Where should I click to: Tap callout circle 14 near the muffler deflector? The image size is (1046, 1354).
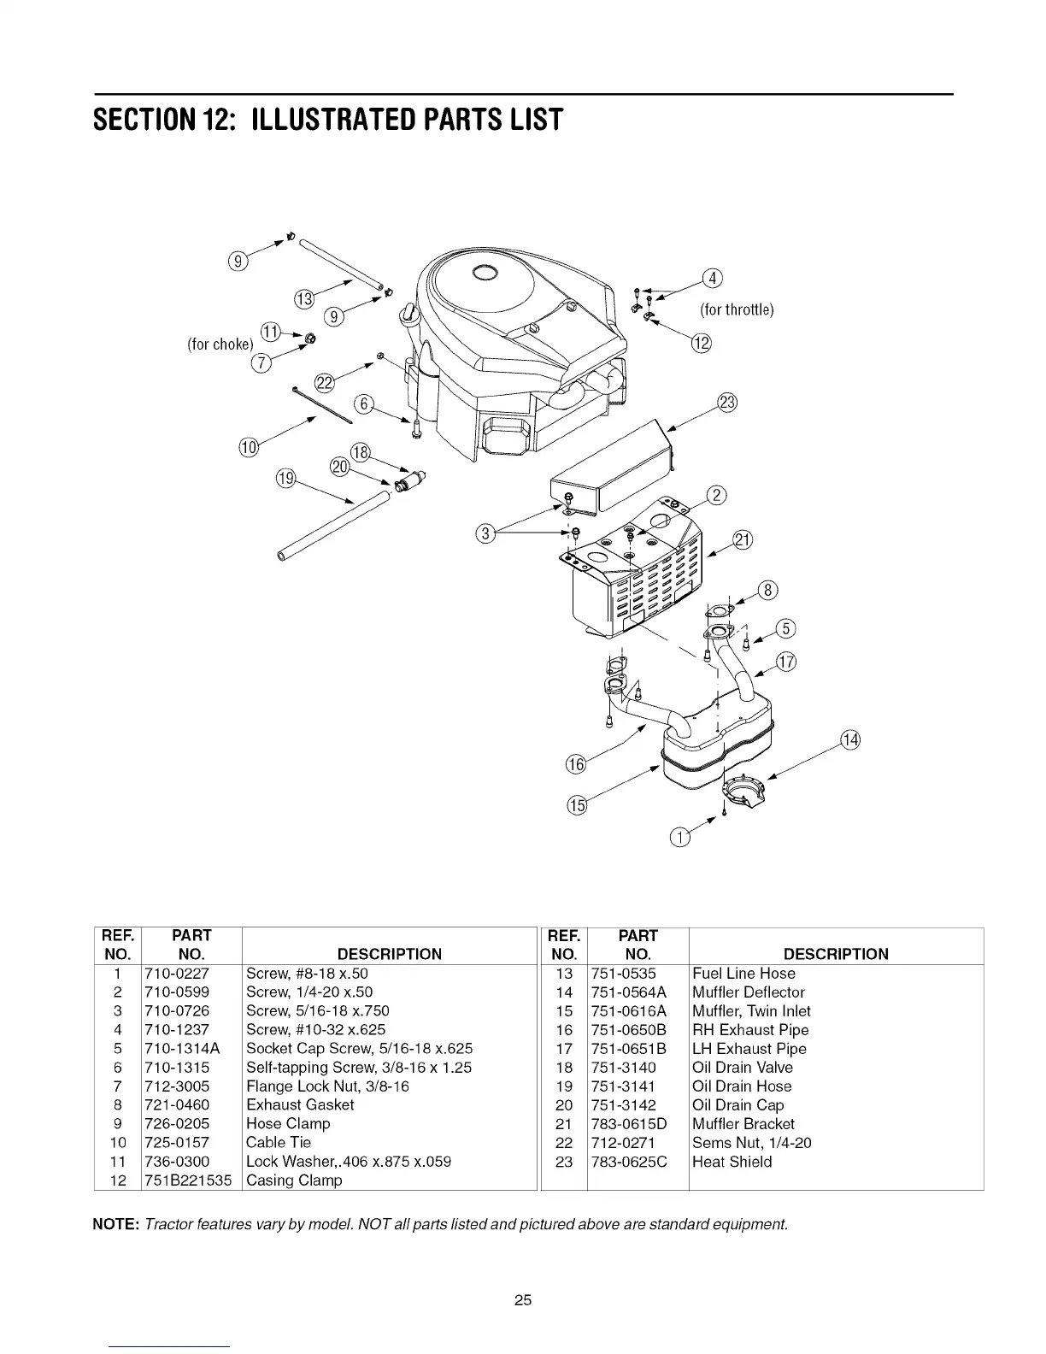click(x=850, y=739)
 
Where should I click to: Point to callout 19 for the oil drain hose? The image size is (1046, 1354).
click(x=285, y=479)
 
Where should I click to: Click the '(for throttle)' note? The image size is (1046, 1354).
click(x=737, y=309)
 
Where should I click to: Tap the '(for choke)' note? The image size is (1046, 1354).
click(x=220, y=344)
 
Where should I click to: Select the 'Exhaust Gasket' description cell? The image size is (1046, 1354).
click(x=299, y=1105)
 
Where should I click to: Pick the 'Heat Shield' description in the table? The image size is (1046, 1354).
click(x=732, y=1162)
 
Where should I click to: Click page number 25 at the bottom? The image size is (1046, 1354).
click(x=523, y=1301)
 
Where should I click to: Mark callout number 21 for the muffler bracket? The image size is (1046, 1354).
click(x=743, y=539)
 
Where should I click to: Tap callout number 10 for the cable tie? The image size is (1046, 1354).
click(x=247, y=447)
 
